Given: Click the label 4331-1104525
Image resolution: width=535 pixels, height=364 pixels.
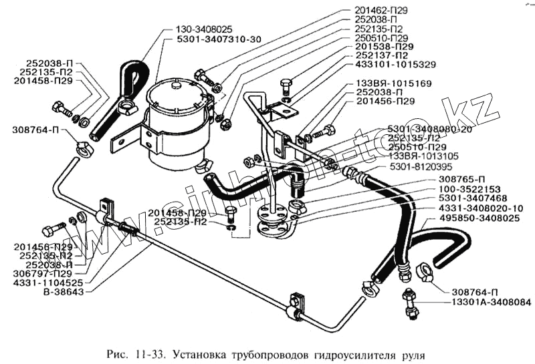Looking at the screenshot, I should [46, 283].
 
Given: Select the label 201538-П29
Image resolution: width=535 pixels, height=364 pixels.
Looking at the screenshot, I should [384, 46].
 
